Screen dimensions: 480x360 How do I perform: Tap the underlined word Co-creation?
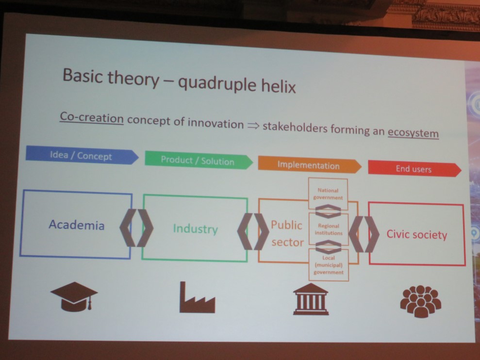coord(92,117)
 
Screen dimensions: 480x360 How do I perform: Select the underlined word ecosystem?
coord(413,133)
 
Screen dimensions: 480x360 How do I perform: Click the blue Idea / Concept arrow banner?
coord(82,155)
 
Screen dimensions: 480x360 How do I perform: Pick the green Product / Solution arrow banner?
coord(199,160)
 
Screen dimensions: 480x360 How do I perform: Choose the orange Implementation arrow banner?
coord(310,165)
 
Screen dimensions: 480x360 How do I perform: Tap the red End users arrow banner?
coord(414,169)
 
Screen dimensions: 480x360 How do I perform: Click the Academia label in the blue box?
coord(77,225)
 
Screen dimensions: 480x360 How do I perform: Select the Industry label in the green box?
coord(195,229)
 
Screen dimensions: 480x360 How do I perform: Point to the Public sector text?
coord(287,233)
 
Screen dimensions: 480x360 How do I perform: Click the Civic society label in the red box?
coord(416,234)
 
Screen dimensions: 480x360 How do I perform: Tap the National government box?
coord(328,194)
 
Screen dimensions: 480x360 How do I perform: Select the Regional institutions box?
coord(329,229)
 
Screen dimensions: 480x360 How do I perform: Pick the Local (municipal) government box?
coord(329,265)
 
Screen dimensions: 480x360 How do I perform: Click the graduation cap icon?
coord(74,296)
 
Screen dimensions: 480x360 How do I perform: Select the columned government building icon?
coord(311,299)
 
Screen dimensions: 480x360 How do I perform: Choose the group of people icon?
coord(421,301)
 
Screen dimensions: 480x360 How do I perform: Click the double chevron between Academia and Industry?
coord(136,228)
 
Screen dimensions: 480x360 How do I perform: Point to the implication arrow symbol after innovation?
coord(253,126)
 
